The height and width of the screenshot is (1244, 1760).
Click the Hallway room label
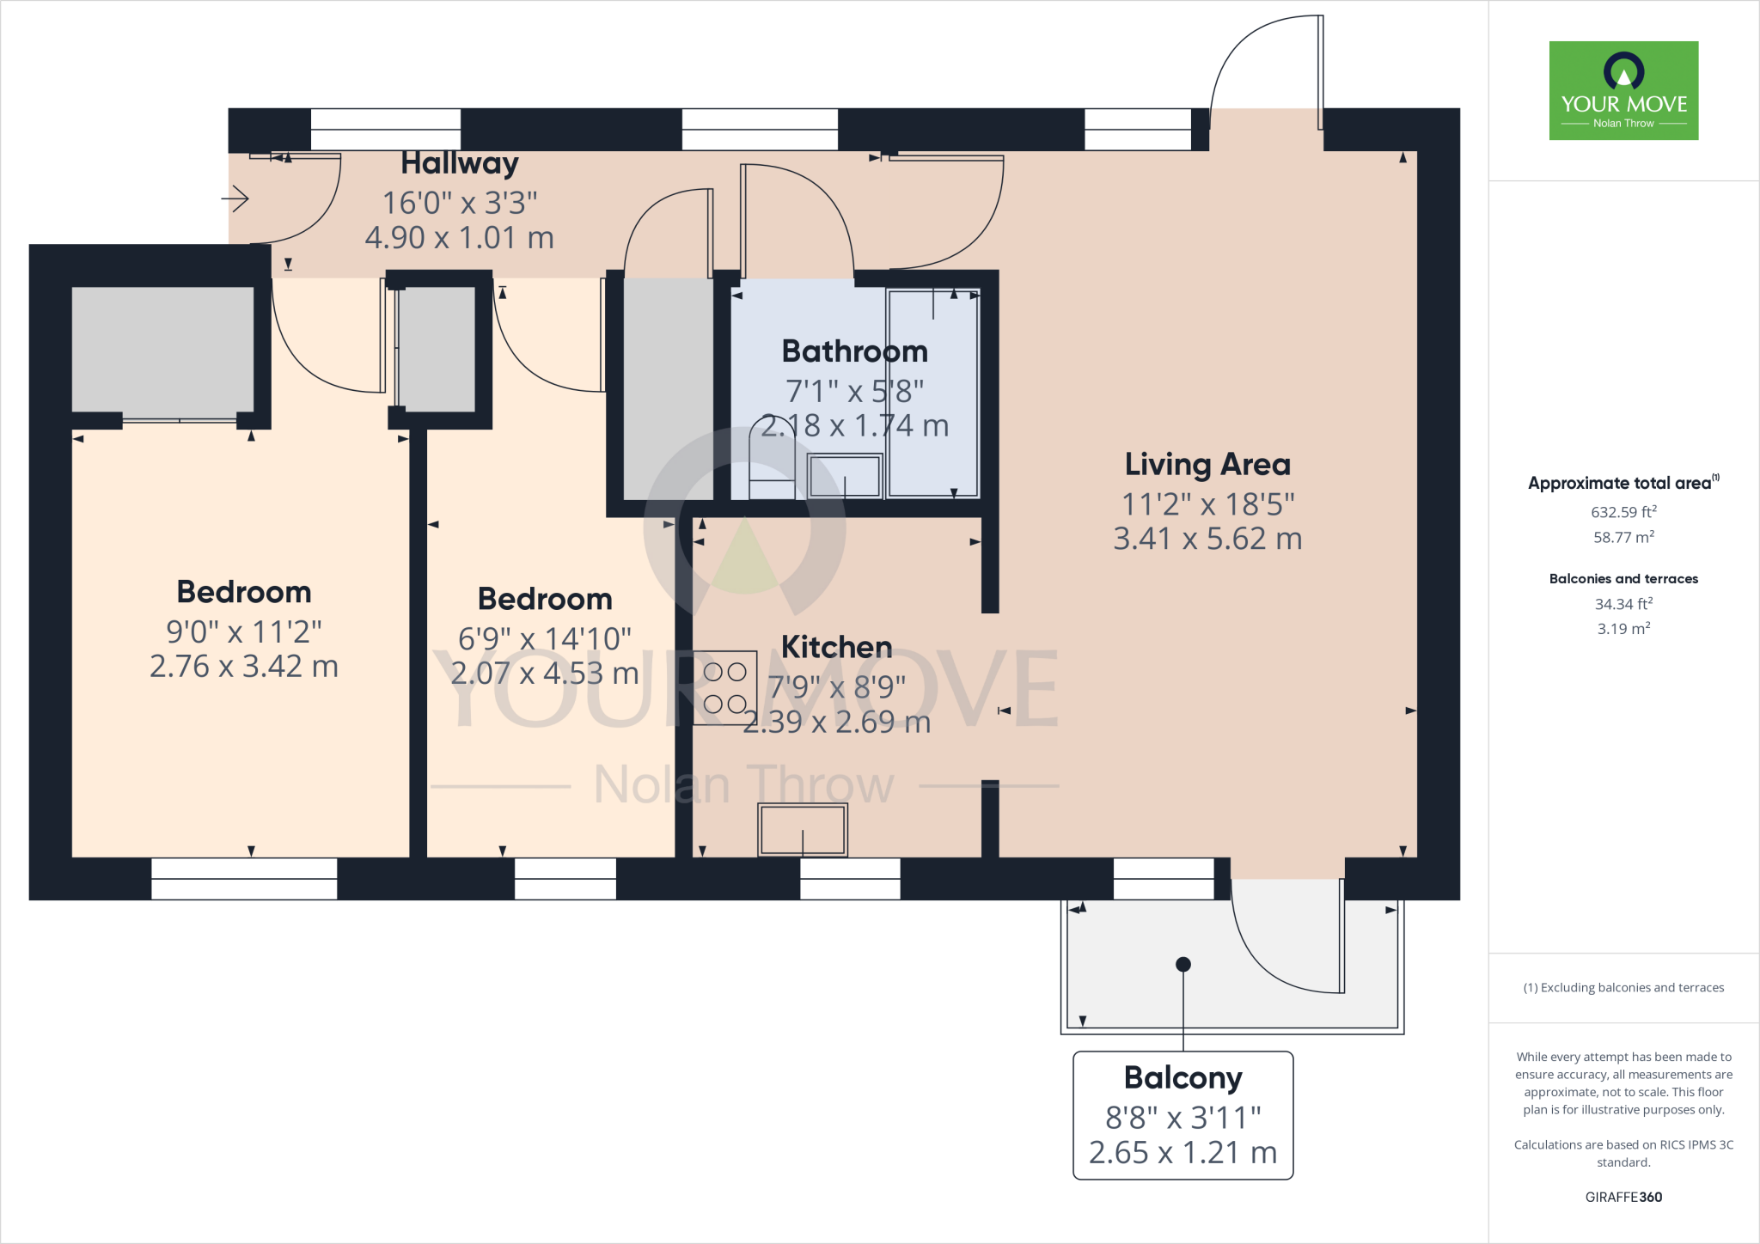pos(460,163)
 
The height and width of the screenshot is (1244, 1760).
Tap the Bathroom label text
pos(854,351)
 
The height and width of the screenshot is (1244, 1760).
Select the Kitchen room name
pos(836,646)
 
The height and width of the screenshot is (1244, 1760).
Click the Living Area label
pos(1207,464)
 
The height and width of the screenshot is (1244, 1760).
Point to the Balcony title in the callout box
pos(1183,1077)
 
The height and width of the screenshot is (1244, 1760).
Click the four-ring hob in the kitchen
pos(724,688)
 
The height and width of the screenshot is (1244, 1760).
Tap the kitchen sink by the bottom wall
pos(803,830)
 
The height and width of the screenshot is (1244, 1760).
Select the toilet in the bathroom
pos(773,457)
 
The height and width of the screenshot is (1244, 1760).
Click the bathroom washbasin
pos(846,475)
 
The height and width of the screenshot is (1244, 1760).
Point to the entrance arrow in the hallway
pos(235,199)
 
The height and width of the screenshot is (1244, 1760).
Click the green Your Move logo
pos(1623,90)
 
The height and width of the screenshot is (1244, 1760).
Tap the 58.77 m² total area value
pos(1623,537)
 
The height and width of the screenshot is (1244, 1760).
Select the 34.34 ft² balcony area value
pos(1623,604)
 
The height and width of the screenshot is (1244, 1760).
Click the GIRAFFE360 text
pos(1623,1197)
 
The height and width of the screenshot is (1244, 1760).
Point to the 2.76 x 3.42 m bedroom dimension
pos(244,666)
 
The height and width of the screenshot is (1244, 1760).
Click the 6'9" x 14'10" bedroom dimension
pos(545,638)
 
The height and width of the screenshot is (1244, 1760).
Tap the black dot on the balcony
pos(1183,964)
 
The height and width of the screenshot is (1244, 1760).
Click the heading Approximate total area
pos(1623,483)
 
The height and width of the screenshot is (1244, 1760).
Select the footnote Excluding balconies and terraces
pos(1623,988)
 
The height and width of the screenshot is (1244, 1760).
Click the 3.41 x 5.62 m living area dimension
pos(1207,539)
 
